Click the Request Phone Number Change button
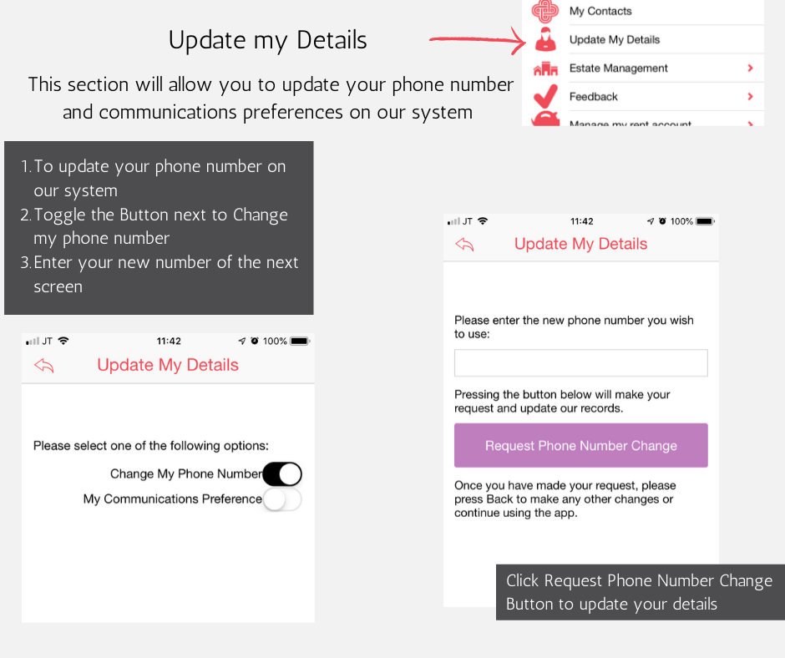coord(580,445)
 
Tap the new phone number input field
coord(580,363)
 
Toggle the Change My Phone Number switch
coord(282,474)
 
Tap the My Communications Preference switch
coord(282,499)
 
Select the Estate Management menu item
coord(618,68)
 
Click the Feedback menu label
coord(594,97)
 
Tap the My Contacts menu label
coord(600,12)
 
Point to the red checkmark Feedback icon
coord(545,95)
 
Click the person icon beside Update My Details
coord(545,40)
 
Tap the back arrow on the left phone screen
coord(44,365)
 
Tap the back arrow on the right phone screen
coord(465,244)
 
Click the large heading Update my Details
coord(267,40)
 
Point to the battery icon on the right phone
coord(705,221)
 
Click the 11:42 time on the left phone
coord(169,342)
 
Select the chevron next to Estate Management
coord(750,68)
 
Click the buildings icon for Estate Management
coord(545,69)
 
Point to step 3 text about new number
coord(165,274)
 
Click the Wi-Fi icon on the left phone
coord(64,341)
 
